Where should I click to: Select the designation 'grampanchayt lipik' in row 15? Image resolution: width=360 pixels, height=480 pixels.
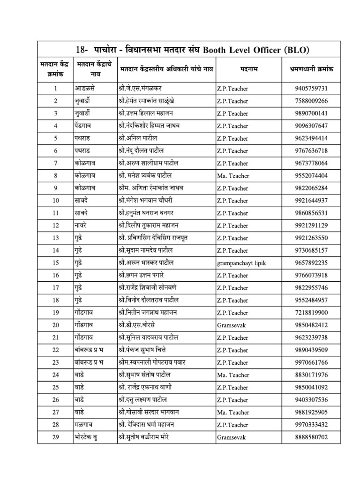click(241, 263)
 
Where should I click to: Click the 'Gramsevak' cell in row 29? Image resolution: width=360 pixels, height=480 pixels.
click(231, 437)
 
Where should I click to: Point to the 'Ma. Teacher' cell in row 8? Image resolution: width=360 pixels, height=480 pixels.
click(232, 176)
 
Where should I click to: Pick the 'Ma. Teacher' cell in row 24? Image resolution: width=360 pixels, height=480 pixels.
click(232, 375)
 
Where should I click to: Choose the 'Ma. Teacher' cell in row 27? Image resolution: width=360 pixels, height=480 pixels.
click(232, 412)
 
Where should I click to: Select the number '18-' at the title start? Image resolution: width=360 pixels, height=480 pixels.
click(83, 50)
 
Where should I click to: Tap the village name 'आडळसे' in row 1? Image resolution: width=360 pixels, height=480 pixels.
click(85, 88)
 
